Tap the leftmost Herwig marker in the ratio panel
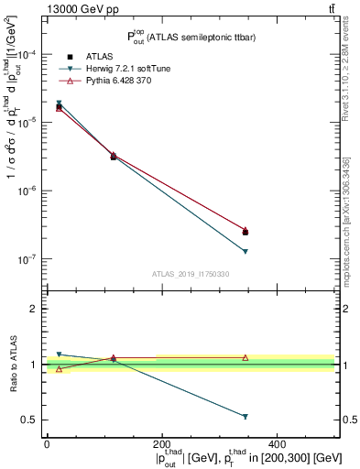pyautogui.click(x=60, y=354)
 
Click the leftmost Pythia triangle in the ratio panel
pyautogui.click(x=60, y=369)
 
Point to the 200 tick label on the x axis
pyautogui.click(x=162, y=443)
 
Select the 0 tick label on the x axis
pyautogui.click(x=48, y=443)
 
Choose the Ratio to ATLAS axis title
pyautogui.click(x=11, y=364)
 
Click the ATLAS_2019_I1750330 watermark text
pyautogui.click(x=191, y=274)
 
